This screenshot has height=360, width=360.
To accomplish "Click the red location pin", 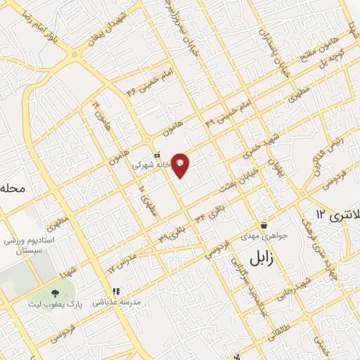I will point(181,165).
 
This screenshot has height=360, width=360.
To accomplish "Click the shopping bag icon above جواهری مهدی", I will point(264,225).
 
